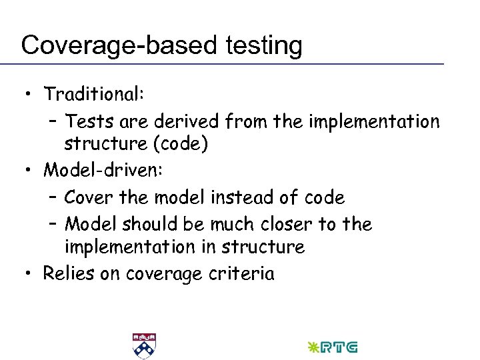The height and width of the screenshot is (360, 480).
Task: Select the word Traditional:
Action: pyautogui.click(x=94, y=95)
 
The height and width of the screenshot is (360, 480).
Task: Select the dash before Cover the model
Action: pyautogui.click(x=53, y=198)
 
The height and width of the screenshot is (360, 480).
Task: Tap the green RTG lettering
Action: pyautogui.click(x=339, y=347)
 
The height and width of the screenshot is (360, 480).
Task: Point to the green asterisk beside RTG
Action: pyautogui.click(x=311, y=347)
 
